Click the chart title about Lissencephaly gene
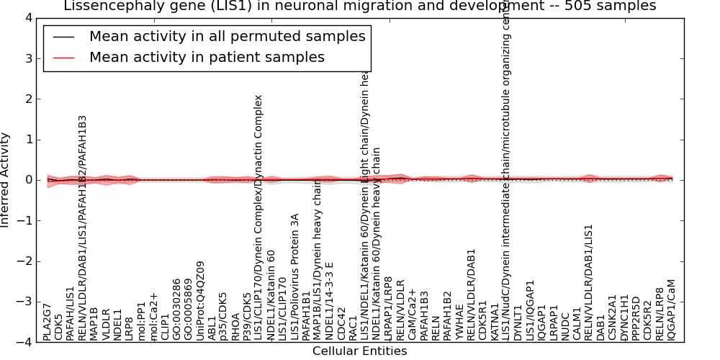360,6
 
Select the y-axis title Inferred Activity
6,179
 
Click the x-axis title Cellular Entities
359,351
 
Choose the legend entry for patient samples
207,58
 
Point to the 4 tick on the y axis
27,17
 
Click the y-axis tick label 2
27,99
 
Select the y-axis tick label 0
27,180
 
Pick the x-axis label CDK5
59,326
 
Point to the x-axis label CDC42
342,325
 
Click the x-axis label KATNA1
495,323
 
